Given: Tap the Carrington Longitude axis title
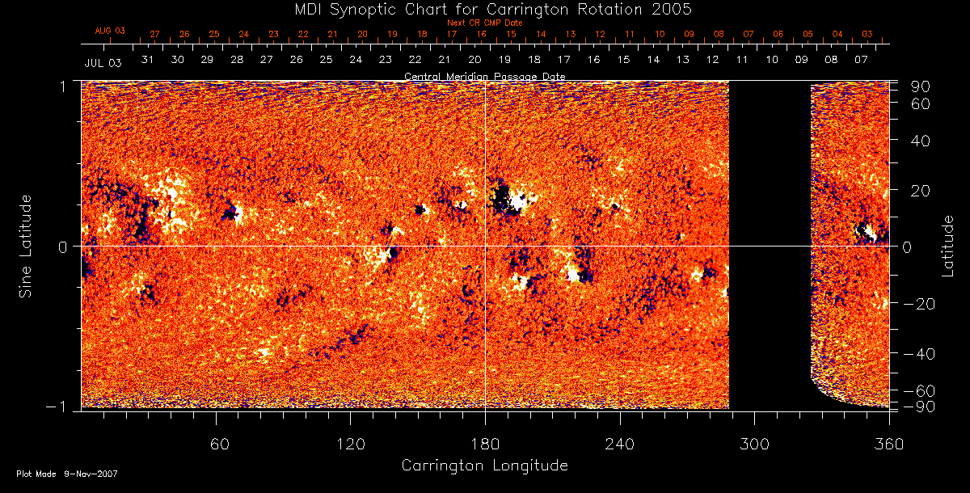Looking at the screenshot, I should tap(484, 466).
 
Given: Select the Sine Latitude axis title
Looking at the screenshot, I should tap(26, 245).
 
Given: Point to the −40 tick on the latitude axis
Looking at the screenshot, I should tap(920, 353).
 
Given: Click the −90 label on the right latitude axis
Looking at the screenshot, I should tap(921, 407).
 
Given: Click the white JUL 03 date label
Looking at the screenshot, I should tap(103, 62).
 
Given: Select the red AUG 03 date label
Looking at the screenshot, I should tap(111, 31).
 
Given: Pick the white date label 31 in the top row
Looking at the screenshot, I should tap(148, 60).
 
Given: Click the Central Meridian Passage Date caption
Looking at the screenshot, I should tap(484, 76).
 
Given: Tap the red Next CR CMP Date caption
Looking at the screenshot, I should tap(484, 23).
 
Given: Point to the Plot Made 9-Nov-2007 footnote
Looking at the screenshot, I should tap(66, 474).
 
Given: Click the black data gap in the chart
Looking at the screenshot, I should tap(770, 242).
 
